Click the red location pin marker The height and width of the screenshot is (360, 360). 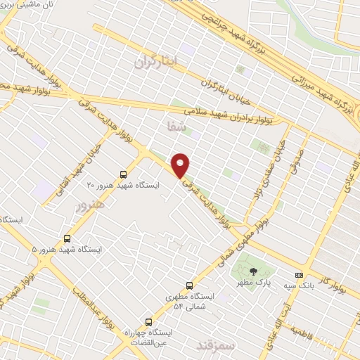pos(181,165)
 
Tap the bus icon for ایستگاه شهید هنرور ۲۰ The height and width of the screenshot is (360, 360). pos(124,174)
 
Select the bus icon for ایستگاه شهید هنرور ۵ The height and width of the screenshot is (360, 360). pos(67,238)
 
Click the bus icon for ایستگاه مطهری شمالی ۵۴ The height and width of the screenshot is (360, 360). pos(189,285)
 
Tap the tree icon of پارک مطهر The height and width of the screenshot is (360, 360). pos(253,271)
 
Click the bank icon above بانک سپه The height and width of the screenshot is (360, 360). pos(300,275)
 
